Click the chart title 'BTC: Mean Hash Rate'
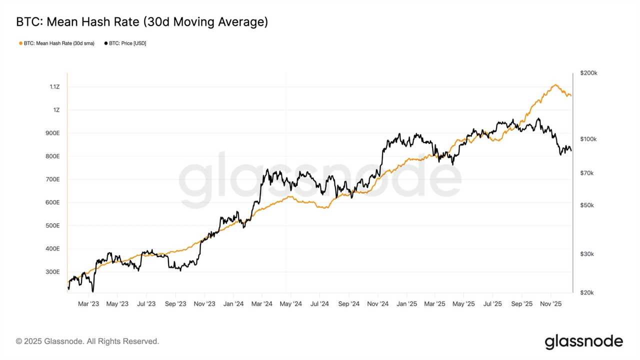click(x=142, y=22)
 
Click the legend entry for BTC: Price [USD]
click(x=125, y=43)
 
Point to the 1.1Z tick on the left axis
click(x=54, y=87)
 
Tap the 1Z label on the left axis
click(x=56, y=110)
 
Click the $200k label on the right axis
click(x=588, y=73)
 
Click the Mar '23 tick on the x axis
click(x=89, y=303)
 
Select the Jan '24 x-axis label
click(x=233, y=303)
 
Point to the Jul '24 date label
click(x=319, y=303)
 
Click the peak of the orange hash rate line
click(x=555, y=84)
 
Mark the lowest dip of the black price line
click(x=93, y=291)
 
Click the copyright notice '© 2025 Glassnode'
click(x=87, y=341)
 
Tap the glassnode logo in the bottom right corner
click(x=583, y=342)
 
